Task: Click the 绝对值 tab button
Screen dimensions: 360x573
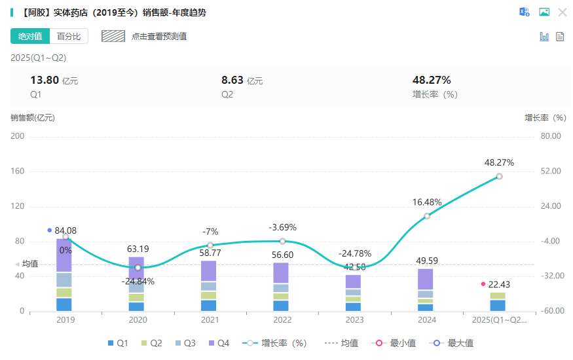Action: point(29,36)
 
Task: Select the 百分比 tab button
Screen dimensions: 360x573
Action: point(68,36)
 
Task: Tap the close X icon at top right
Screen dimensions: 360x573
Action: point(562,12)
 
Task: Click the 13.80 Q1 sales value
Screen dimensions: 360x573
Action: point(45,81)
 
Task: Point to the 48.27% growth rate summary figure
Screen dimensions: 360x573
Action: point(432,81)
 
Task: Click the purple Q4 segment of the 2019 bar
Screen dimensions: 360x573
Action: point(64,256)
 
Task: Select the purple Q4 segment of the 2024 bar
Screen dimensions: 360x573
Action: point(425,279)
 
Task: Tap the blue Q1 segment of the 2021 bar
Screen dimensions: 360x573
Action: point(208,306)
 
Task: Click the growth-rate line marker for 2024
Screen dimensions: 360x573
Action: point(427,216)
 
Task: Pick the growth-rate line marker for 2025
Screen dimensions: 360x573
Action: point(499,176)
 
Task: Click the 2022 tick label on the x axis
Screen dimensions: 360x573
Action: point(282,320)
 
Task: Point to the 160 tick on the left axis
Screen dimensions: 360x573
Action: point(17,171)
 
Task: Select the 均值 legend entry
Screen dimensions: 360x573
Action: point(341,343)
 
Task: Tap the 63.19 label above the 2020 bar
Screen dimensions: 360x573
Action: point(138,249)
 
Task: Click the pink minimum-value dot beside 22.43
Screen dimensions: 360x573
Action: point(483,284)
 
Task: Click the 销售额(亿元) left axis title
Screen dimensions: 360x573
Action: point(33,118)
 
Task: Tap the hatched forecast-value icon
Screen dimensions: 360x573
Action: point(113,36)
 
